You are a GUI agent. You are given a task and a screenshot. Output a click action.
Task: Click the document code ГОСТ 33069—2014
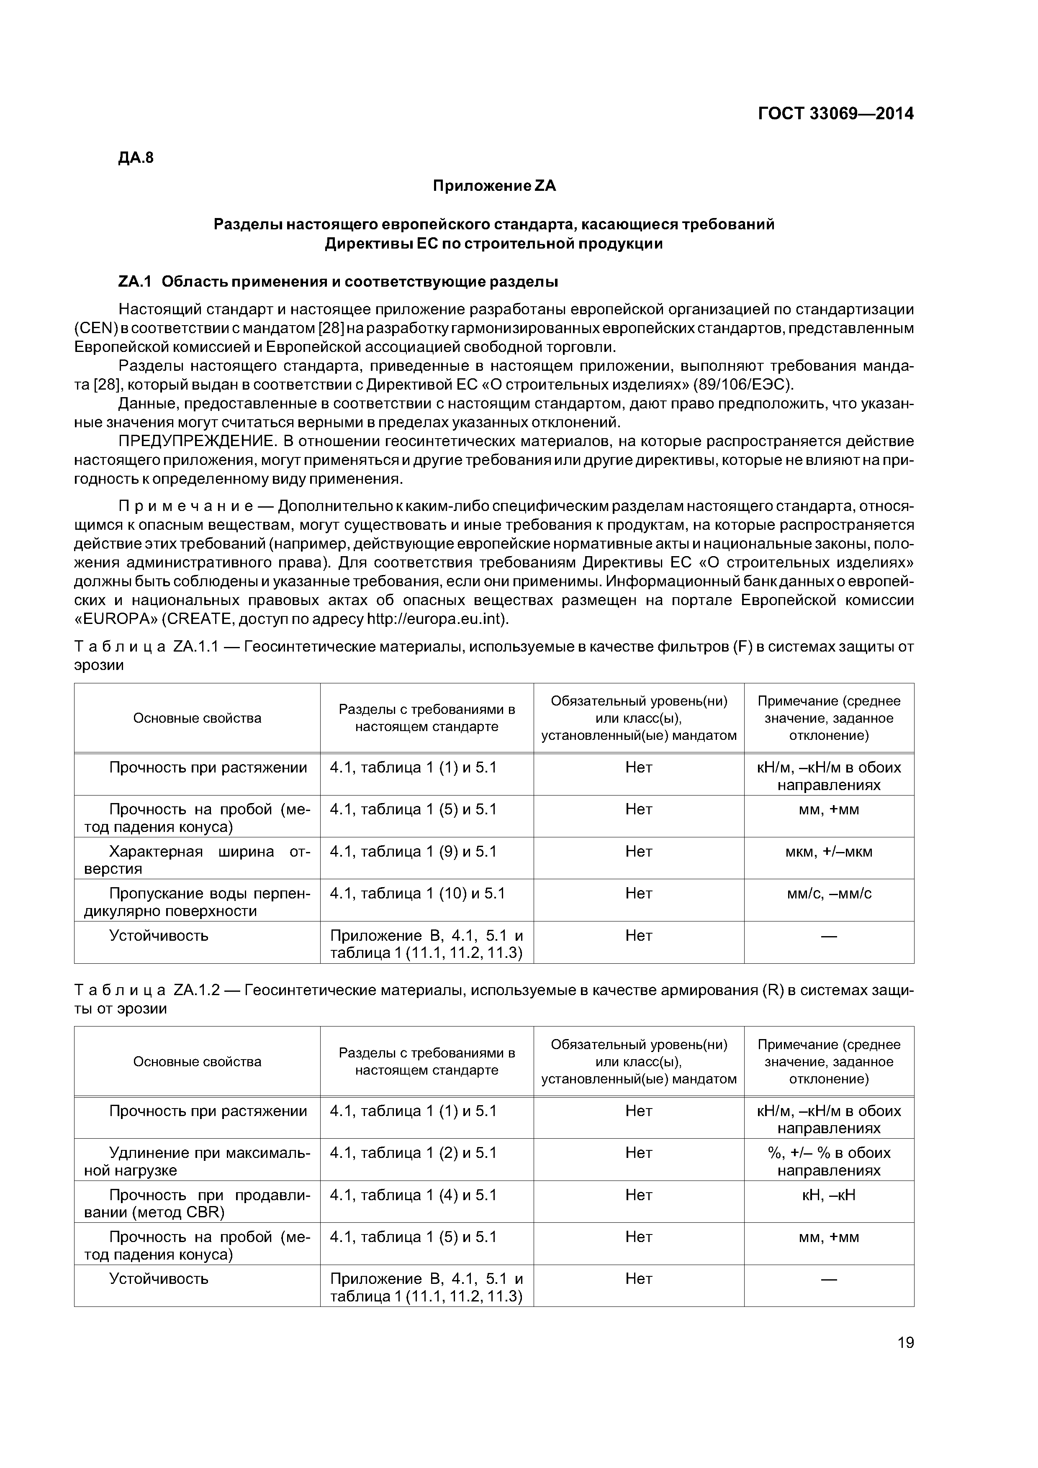835,114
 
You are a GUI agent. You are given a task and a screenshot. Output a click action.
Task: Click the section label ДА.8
136,158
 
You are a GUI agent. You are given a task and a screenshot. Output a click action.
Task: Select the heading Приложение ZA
494,186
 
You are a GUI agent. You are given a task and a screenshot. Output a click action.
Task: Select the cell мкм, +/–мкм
828,852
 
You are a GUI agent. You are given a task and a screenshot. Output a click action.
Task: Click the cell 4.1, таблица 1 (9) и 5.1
413,852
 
